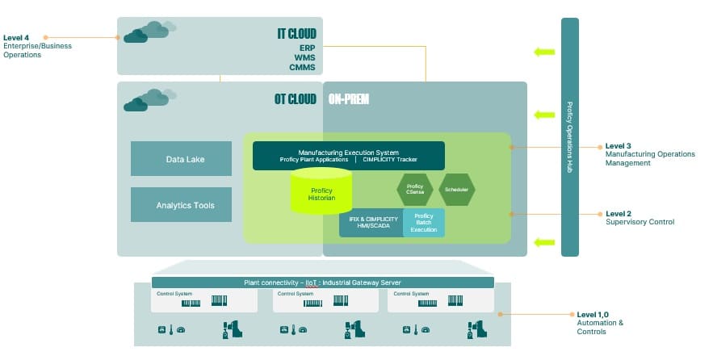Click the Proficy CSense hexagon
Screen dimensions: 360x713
click(415, 190)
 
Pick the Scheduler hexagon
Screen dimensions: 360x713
click(456, 190)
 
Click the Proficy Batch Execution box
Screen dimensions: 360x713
click(423, 223)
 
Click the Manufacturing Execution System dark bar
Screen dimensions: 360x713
click(348, 156)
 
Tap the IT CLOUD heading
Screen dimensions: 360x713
click(296, 34)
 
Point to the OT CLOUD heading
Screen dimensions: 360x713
click(296, 100)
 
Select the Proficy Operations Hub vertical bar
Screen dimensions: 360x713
click(570, 137)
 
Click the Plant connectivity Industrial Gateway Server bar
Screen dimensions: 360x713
click(322, 283)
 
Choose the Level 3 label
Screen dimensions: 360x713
click(619, 146)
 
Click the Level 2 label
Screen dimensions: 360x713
click(619, 214)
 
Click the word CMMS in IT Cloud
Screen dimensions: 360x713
click(302, 67)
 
